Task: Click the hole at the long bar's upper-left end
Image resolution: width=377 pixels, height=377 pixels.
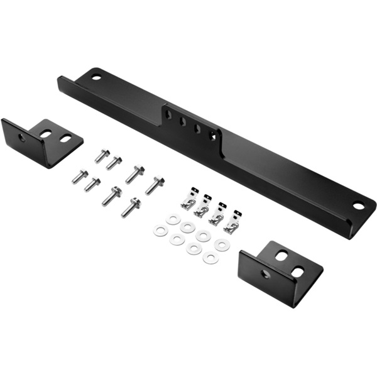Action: click(x=96, y=77)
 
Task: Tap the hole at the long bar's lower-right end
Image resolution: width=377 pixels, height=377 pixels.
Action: click(x=358, y=205)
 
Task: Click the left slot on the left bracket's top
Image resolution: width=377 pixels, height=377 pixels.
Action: click(x=46, y=134)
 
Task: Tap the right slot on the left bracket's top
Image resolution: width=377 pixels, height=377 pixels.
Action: click(x=65, y=138)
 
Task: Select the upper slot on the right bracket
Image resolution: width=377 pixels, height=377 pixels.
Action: click(x=281, y=256)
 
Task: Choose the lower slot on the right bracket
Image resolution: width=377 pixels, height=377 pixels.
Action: click(x=298, y=271)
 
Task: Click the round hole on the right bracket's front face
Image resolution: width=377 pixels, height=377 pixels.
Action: click(x=266, y=275)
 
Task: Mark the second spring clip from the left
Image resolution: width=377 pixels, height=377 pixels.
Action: click(x=202, y=207)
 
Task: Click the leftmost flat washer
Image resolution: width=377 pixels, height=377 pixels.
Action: click(x=160, y=231)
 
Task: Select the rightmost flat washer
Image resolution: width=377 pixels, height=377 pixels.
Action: click(x=221, y=245)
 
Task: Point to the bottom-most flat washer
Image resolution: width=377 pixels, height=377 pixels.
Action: click(x=210, y=258)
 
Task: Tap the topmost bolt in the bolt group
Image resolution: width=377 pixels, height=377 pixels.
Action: click(x=102, y=155)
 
